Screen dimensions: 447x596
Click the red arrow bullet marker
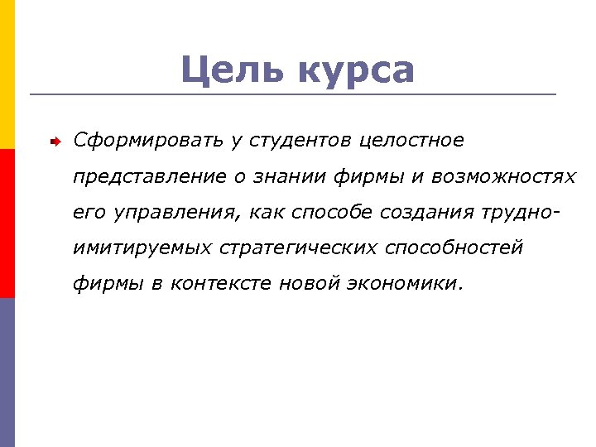pos(52,142)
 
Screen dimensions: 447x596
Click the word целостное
pos(411,141)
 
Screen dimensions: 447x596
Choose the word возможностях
pos(507,176)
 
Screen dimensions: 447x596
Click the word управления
pos(173,213)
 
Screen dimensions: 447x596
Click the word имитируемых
pos(144,248)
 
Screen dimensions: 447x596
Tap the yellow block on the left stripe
pos(7,74)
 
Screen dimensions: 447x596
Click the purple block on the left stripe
pos(7,372)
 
